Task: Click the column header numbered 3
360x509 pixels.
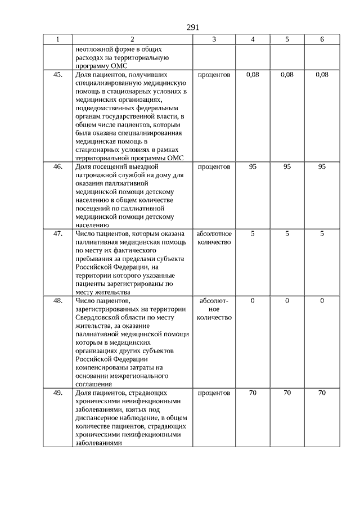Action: coord(214,39)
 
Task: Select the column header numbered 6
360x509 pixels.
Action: coord(322,39)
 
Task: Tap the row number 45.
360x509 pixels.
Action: coord(58,74)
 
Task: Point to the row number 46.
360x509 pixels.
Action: coord(58,167)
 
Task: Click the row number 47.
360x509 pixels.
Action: coord(58,233)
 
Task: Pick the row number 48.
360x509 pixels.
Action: coord(58,301)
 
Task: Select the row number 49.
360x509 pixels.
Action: coord(58,393)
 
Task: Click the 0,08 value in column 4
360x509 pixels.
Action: coord(253,74)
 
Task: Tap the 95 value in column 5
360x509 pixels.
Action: coord(287,167)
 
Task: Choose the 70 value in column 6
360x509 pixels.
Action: coord(322,393)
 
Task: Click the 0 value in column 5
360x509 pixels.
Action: coord(287,301)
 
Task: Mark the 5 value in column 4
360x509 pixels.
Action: coord(253,233)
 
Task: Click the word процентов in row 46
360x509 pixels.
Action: coord(214,167)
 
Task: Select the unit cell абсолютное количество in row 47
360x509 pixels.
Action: coord(214,238)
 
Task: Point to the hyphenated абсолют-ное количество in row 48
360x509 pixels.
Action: coord(214,309)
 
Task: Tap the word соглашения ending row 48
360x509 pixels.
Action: coord(93,384)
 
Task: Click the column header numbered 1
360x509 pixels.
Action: coord(58,39)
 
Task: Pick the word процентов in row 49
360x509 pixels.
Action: coord(214,393)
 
